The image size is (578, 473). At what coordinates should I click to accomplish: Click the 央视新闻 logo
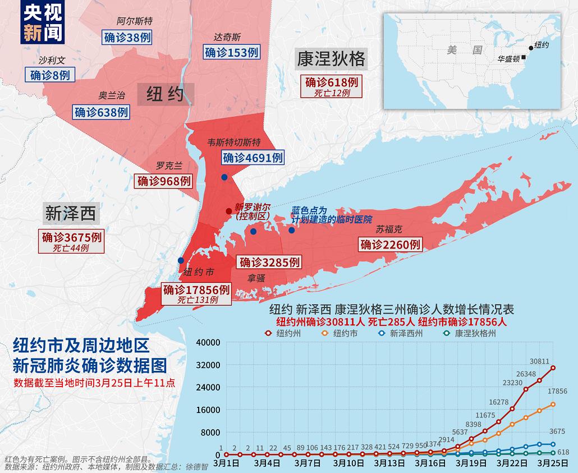43,23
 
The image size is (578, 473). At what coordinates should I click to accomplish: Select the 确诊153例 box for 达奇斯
231,52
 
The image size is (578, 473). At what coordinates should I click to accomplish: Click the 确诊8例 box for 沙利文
50,75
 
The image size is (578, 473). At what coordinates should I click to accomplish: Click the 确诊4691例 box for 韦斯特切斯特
253,158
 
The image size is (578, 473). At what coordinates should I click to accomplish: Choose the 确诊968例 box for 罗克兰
164,181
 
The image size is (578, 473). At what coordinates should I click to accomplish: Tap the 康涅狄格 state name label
331,59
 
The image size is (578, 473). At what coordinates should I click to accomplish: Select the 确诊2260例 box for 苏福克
390,244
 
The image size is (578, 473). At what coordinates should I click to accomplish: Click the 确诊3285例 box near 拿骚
269,261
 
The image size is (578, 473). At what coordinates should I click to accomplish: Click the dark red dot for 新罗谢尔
228,211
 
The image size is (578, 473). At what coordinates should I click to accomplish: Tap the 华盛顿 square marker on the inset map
523,57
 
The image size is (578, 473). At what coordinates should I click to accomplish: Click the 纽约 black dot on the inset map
530,48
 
